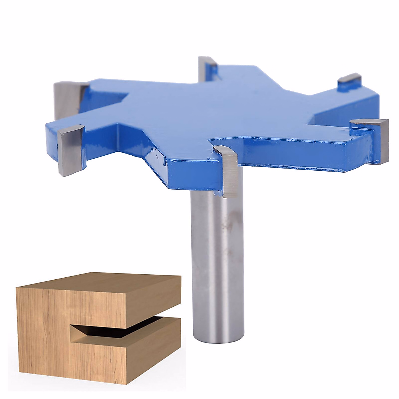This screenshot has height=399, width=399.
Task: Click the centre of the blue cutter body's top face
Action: point(213,110)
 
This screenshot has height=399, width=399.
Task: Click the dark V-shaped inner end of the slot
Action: point(80,330)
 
